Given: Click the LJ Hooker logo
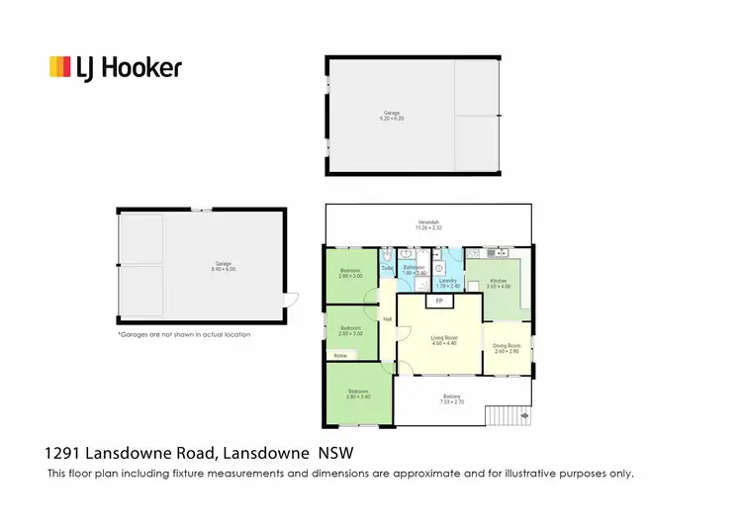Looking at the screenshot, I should [116, 67].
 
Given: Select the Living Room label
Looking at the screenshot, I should [442, 340].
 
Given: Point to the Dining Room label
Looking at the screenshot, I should [507, 347].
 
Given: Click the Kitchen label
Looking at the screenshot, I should [498, 283].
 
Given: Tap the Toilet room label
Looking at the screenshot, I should [387, 268].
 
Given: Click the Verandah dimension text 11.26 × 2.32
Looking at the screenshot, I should [427, 228].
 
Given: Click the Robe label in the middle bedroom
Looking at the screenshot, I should [340, 355].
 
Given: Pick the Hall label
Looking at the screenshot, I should [387, 318].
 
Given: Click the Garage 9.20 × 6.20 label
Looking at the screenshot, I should [392, 116].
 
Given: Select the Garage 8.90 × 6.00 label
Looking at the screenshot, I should [223, 267].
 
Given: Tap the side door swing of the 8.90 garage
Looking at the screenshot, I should [290, 300].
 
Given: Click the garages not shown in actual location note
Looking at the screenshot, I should [183, 335].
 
